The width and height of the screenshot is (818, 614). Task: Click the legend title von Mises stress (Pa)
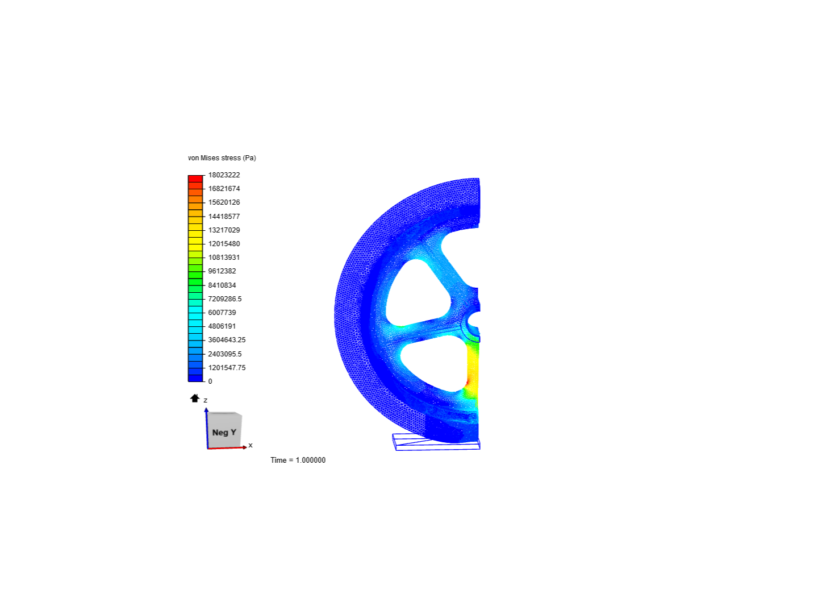[222, 158]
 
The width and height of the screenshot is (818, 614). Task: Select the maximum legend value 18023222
[224, 175]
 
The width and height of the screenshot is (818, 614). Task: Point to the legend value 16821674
[224, 189]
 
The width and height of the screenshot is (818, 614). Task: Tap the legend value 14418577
[224, 217]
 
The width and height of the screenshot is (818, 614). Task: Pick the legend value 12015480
[224, 244]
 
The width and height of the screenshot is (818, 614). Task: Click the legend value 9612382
[222, 271]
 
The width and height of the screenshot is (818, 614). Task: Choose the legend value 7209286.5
[224, 299]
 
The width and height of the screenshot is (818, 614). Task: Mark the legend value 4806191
[222, 326]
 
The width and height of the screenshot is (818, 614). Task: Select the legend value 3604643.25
[227, 340]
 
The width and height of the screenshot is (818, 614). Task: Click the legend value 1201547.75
[227, 368]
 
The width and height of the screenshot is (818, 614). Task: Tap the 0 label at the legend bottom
[210, 381]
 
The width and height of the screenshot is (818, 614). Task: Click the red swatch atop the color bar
[195, 179]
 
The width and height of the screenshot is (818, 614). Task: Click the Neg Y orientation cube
[224, 431]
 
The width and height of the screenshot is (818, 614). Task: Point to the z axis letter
[206, 400]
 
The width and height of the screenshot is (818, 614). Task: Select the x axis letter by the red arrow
[251, 445]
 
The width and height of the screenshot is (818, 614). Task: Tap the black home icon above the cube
[195, 398]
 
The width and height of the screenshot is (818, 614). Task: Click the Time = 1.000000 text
[298, 460]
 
